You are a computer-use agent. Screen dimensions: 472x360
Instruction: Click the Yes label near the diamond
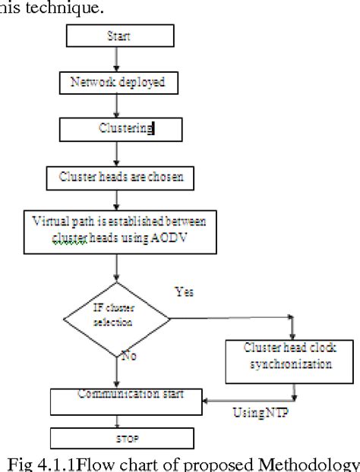pos(184,291)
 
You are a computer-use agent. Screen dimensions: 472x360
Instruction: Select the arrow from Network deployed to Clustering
pos(115,105)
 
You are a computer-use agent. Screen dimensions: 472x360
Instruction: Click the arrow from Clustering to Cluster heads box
pos(115,153)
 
